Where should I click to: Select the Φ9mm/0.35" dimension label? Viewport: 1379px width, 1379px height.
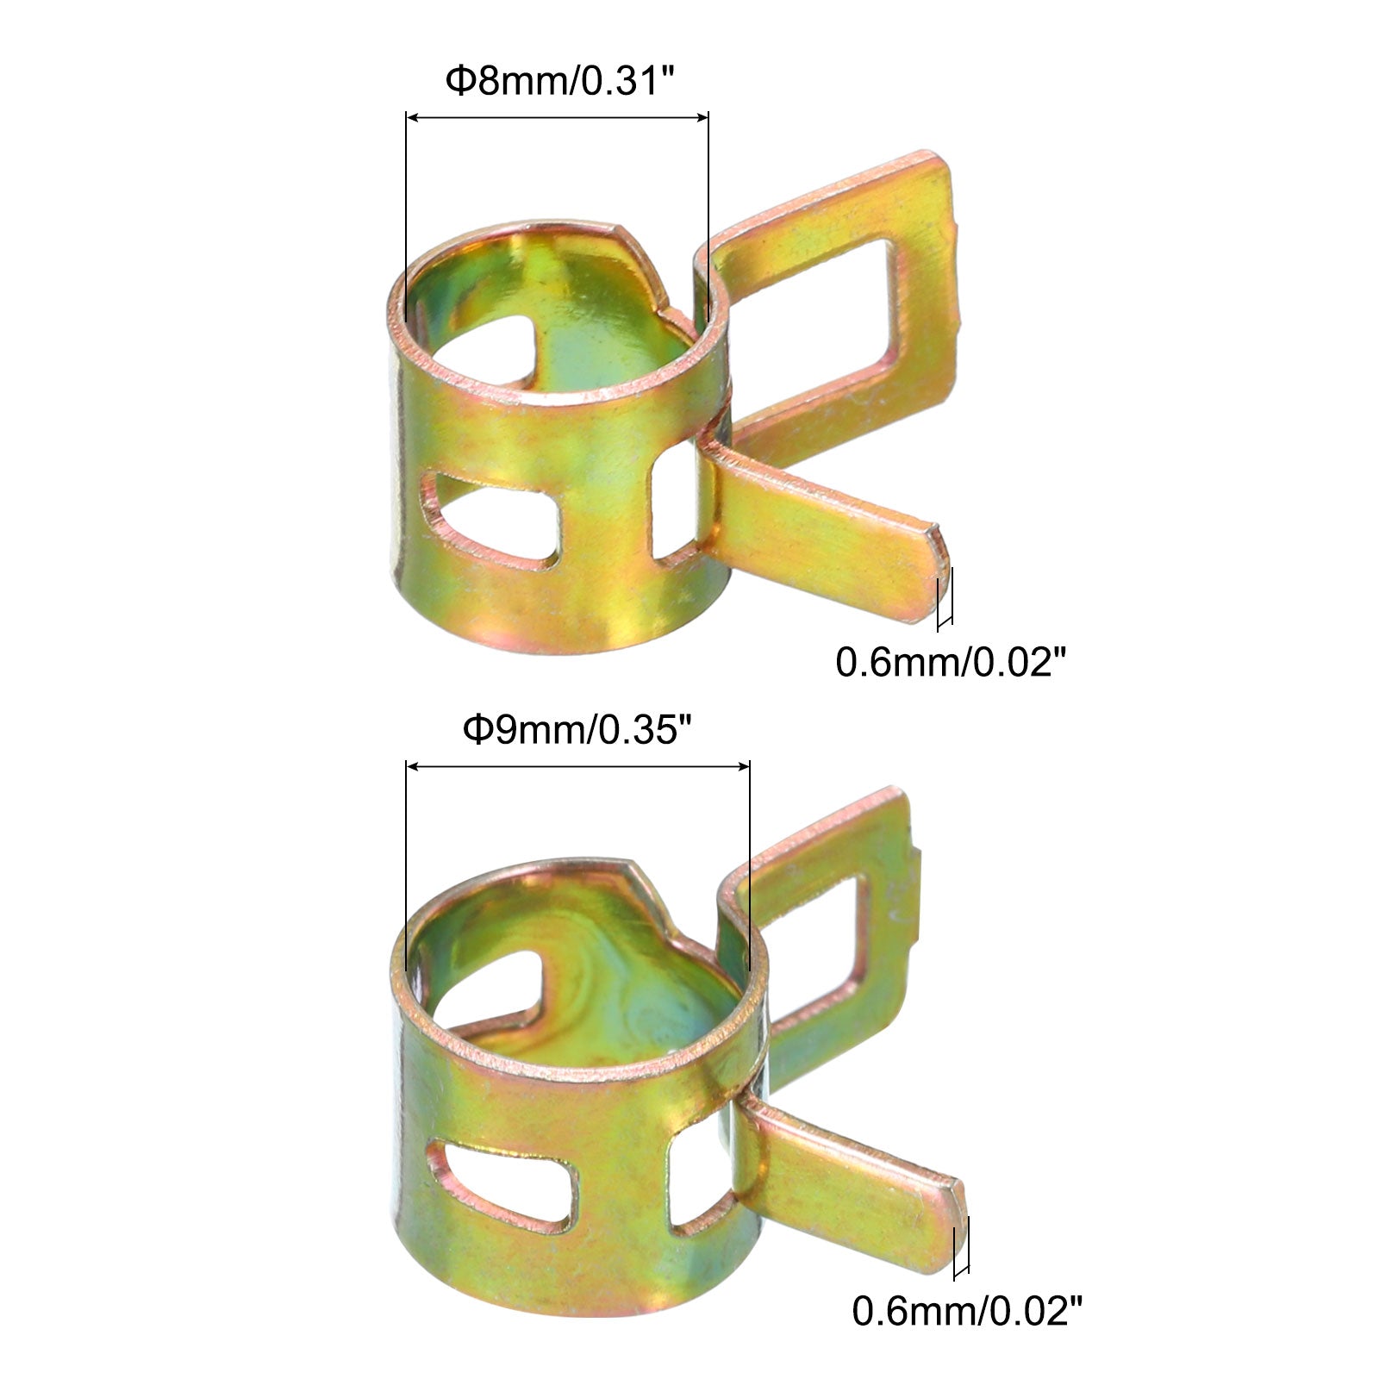(x=578, y=730)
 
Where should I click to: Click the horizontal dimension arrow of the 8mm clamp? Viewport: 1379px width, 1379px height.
(x=557, y=117)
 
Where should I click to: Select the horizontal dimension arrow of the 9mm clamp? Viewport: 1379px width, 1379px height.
(x=577, y=765)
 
